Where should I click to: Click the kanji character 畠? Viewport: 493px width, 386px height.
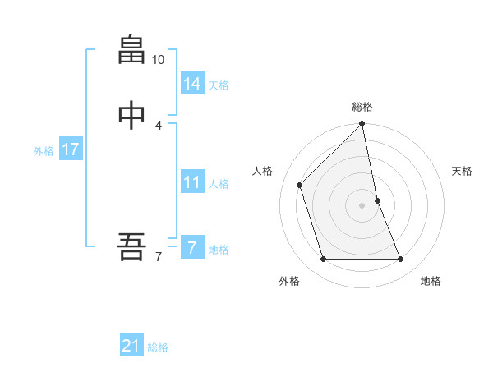click(131, 50)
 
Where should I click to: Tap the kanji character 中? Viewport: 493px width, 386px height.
click(131, 116)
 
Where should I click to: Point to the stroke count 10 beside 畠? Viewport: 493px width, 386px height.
click(159, 60)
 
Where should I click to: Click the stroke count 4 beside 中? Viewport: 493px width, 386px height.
click(159, 125)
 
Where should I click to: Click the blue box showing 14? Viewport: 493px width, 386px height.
click(192, 83)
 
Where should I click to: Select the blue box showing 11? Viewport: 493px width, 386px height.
click(192, 182)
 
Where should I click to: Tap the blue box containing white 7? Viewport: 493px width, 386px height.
click(192, 247)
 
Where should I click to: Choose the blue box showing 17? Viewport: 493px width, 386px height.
click(70, 149)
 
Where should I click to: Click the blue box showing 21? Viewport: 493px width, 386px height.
click(131, 346)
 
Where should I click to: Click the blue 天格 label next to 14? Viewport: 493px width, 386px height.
click(219, 85)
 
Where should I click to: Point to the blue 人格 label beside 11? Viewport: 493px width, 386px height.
click(219, 184)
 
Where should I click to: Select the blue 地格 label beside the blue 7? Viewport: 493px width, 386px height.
click(219, 250)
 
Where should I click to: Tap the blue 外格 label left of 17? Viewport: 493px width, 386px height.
click(44, 151)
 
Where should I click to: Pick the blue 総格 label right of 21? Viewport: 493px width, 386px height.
click(158, 348)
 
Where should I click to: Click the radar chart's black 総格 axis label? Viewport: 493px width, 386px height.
click(362, 107)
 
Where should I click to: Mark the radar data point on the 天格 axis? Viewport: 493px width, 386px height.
click(377, 200)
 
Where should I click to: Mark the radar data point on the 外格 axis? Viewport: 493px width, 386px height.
click(323, 260)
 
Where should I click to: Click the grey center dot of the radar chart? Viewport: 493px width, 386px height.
click(362, 205)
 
